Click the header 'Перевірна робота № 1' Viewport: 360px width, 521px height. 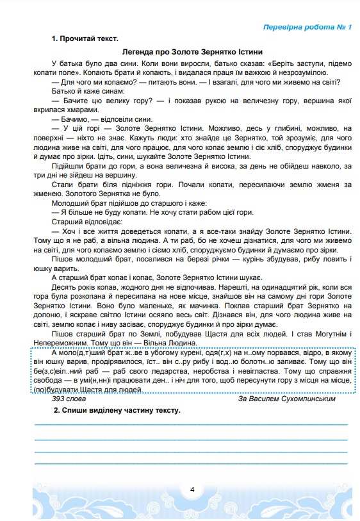[307, 28]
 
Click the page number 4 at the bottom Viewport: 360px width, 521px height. [192, 490]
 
